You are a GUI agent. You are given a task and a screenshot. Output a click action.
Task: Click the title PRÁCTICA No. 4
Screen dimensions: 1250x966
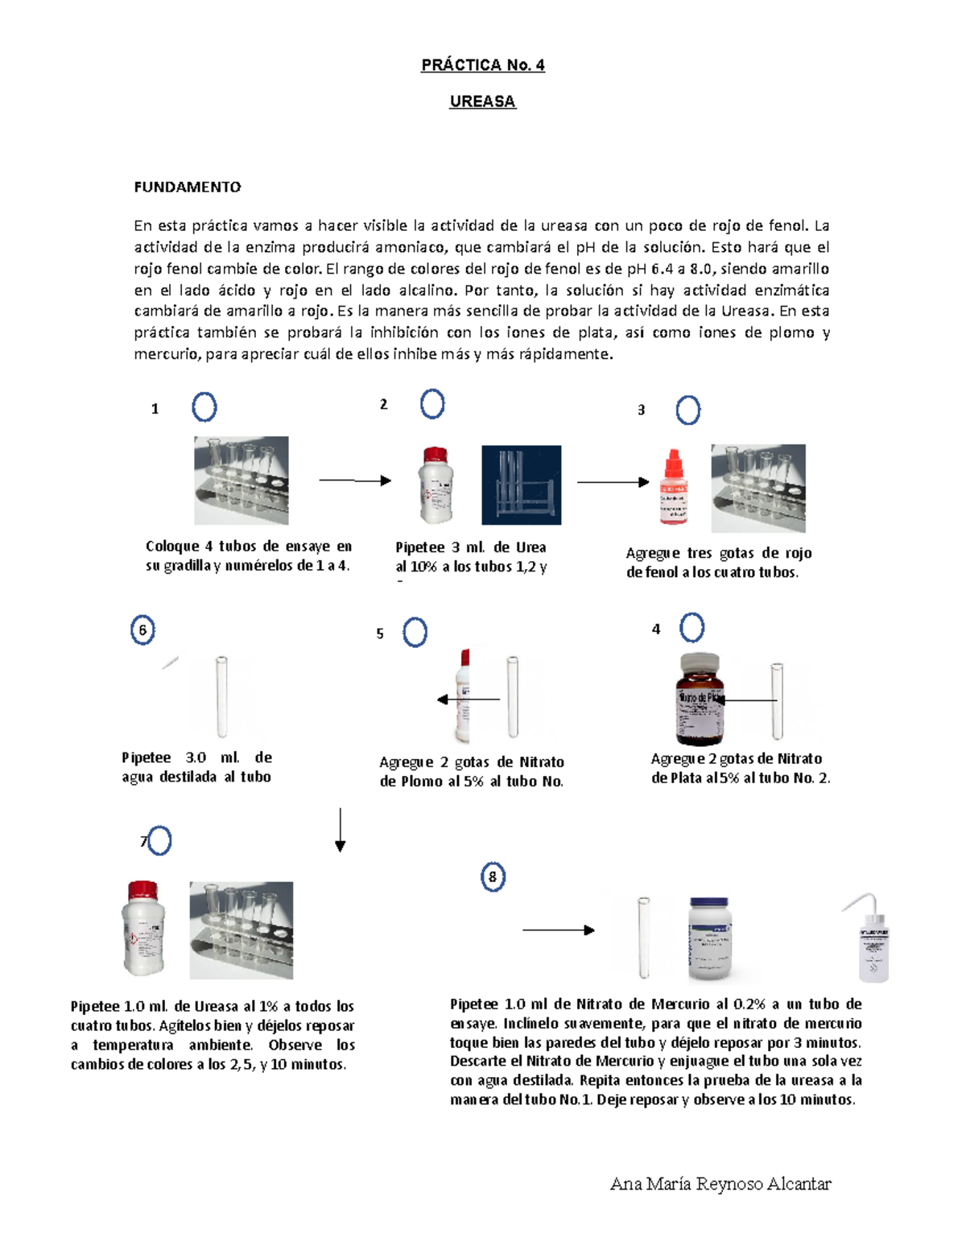(482, 65)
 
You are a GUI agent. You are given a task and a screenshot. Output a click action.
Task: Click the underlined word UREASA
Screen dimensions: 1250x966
(482, 101)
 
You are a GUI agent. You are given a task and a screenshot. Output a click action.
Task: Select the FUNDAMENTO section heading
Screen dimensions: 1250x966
(187, 187)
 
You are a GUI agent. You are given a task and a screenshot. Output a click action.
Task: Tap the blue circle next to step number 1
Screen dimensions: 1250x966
(204, 407)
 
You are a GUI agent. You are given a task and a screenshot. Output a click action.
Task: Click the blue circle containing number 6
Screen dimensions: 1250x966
(142, 630)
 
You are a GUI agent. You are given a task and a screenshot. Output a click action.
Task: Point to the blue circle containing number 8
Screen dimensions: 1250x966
(493, 877)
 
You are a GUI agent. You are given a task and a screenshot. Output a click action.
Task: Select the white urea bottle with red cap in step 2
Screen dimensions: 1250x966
(436, 485)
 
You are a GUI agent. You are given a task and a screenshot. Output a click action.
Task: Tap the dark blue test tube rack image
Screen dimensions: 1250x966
(521, 485)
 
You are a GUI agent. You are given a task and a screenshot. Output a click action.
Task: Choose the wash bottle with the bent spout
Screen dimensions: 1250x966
(870, 939)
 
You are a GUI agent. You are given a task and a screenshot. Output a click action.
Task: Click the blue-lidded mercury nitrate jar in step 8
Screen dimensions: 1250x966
(710, 939)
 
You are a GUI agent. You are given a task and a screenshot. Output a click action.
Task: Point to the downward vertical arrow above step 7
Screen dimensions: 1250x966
(341, 830)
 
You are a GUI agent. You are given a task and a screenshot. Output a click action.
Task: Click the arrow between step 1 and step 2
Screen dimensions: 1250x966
(354, 481)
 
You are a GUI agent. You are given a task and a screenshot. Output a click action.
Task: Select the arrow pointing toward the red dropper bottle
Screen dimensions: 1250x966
(613, 482)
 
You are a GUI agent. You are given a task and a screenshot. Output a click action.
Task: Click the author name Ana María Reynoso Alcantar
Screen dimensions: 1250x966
(720, 1183)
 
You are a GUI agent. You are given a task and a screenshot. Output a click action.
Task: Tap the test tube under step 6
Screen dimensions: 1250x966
(221, 696)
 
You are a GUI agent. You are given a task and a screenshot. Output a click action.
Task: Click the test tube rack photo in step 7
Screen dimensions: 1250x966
(241, 930)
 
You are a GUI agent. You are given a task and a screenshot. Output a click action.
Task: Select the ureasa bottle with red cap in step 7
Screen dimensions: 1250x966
(143, 928)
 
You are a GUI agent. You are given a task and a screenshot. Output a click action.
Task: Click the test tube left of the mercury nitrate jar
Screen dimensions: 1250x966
(643, 938)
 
